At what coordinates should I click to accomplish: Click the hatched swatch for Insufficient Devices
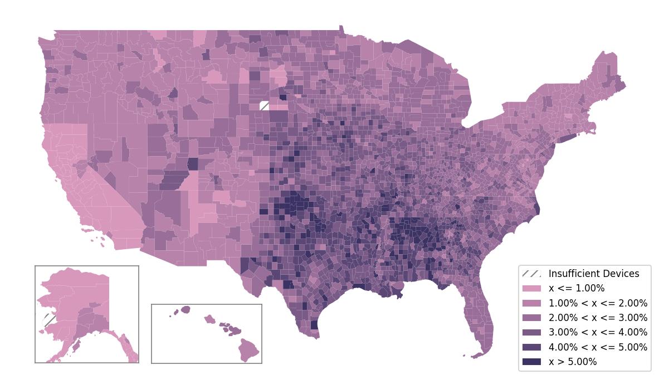tap(531, 274)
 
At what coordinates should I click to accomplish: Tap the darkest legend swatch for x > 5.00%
tap(531, 362)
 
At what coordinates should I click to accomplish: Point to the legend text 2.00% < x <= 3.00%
tap(598, 318)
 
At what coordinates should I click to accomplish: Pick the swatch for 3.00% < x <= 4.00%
tap(531, 332)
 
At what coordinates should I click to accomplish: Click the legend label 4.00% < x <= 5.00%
tap(598, 347)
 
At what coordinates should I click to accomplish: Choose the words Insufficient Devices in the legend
tap(594, 274)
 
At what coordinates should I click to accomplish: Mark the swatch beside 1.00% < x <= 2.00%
tap(531, 303)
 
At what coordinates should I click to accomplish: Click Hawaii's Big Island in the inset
tap(249, 349)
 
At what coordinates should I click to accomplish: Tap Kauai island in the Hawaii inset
tap(185, 309)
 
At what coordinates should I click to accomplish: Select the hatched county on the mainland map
tap(265, 106)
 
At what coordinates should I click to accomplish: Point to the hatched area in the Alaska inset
tap(49, 320)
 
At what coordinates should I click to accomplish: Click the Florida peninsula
tap(483, 323)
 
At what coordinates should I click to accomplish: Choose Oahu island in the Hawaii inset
tap(209, 319)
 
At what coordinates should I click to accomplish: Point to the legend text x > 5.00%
tap(573, 362)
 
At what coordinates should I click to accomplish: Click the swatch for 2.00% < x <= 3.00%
tap(531, 318)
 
